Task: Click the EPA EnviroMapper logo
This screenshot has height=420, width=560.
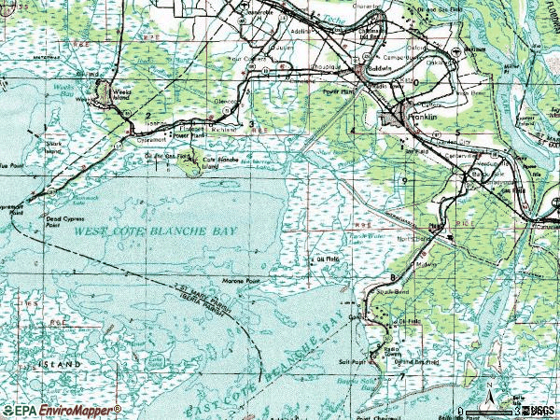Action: (62, 409)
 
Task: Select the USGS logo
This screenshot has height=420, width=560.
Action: (542, 410)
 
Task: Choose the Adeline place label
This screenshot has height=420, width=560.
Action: (300, 31)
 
